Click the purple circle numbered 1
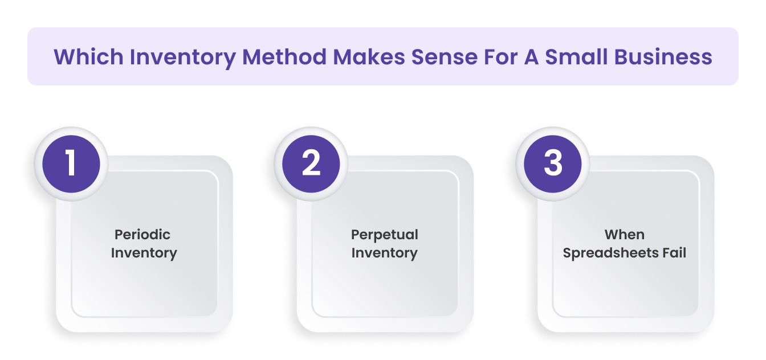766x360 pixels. pyautogui.click(x=71, y=163)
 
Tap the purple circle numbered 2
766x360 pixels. pyautogui.click(x=312, y=163)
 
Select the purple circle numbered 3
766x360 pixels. pyautogui.click(x=553, y=163)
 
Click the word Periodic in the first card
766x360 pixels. pyautogui.click(x=142, y=235)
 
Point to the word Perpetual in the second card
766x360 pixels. pyautogui.click(x=385, y=235)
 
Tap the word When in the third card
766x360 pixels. pyautogui.click(x=625, y=235)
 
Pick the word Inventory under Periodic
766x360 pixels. pyautogui.click(x=144, y=253)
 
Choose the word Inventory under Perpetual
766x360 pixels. pyautogui.click(x=385, y=253)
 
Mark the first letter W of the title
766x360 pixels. pyautogui.click(x=64, y=57)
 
